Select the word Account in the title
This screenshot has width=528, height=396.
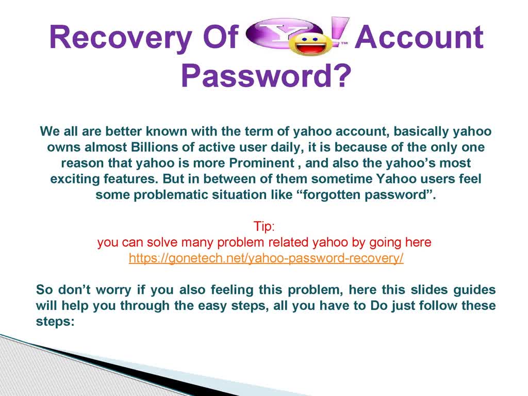[x=419, y=37]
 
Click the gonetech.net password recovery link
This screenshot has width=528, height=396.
[x=266, y=258]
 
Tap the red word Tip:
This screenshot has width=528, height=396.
[x=264, y=226]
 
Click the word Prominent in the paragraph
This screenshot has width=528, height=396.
[x=262, y=163]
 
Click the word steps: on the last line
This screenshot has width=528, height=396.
[x=55, y=321]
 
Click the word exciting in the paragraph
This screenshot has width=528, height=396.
[x=75, y=179]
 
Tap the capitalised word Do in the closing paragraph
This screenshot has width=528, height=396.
[x=379, y=305]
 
